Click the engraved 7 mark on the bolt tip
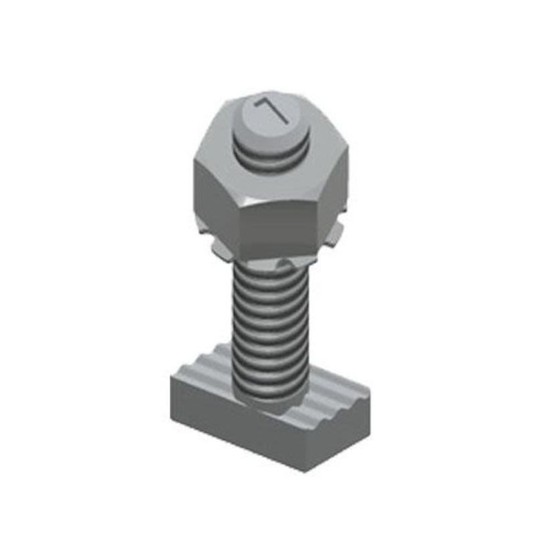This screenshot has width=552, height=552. point(272,111)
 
